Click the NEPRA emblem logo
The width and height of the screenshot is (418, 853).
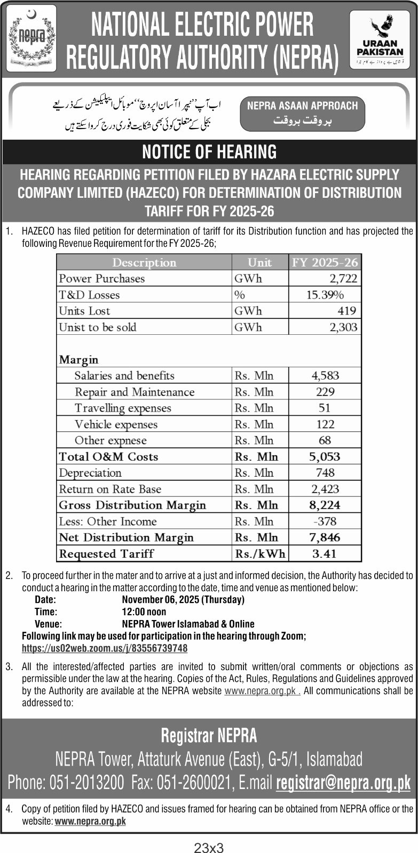coord(31,38)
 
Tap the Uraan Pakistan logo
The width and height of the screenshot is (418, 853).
coord(380,40)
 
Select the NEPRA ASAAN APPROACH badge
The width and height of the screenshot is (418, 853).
coord(302,113)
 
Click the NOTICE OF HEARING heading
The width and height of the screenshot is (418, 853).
coord(209,152)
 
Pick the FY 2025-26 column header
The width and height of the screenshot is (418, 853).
coord(325,262)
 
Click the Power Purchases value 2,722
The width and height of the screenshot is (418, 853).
coord(343,278)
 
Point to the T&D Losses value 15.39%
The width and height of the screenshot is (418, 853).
coord(325,295)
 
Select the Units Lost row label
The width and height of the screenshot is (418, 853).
coord(84,311)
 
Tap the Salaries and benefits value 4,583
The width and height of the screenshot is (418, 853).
coord(325,375)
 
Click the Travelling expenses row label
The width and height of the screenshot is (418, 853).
coord(123,408)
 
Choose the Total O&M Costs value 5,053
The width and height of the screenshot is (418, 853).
coord(325,456)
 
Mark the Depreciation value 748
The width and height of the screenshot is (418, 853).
coord(325,473)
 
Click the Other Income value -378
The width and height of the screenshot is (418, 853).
coord(325,521)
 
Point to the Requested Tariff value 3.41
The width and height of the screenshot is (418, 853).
coord(325,553)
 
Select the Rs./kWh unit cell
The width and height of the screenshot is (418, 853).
coord(260,553)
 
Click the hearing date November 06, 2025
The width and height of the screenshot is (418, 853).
coord(183,599)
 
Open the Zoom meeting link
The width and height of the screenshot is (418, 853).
coord(105,648)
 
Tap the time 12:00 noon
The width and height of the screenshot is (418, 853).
coord(144,611)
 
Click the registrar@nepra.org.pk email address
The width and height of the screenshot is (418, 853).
coord(343,783)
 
